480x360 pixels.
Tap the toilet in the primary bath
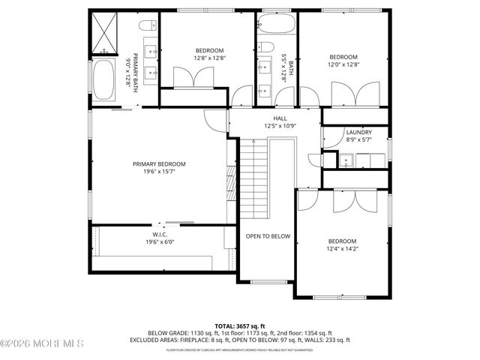147,24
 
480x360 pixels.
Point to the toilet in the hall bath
266,51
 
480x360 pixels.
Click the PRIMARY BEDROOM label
159,164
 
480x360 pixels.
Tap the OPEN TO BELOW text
268,236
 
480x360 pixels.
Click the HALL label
280,118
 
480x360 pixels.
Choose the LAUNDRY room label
358,132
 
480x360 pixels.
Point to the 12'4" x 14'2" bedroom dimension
341,249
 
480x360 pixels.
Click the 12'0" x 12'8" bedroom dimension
343,64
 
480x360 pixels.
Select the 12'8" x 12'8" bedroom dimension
199,58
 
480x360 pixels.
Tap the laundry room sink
347,160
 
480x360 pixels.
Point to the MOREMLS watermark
42,343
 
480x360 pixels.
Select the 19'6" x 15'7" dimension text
159,172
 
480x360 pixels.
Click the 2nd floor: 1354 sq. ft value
299,332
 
